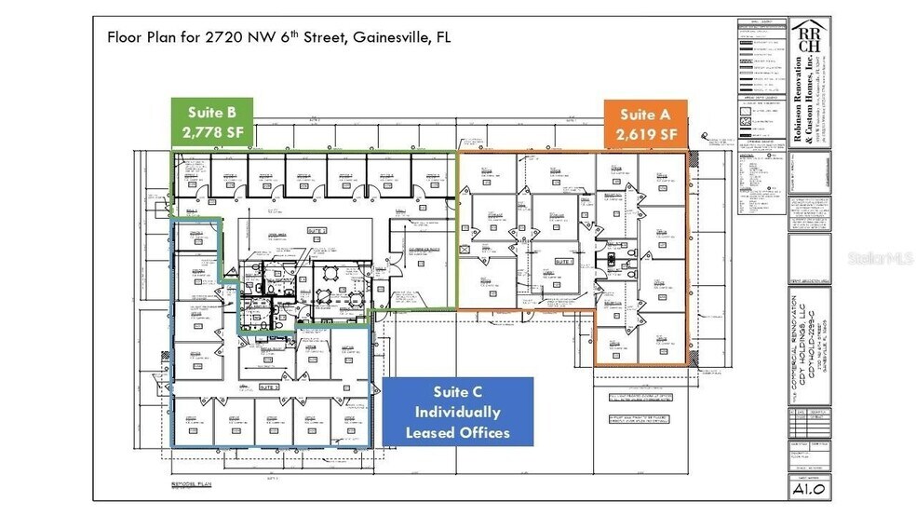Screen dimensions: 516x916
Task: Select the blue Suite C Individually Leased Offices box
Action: (x=457, y=412)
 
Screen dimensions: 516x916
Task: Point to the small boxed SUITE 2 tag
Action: (x=317, y=229)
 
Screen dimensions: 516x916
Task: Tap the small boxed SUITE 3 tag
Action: (x=269, y=386)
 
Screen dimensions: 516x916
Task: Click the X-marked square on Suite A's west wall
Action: (x=464, y=250)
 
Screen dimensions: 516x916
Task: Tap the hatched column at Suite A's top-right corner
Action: (x=688, y=155)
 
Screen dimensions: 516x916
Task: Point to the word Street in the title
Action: (x=305, y=38)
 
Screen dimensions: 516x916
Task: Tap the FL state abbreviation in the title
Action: (x=444, y=38)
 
